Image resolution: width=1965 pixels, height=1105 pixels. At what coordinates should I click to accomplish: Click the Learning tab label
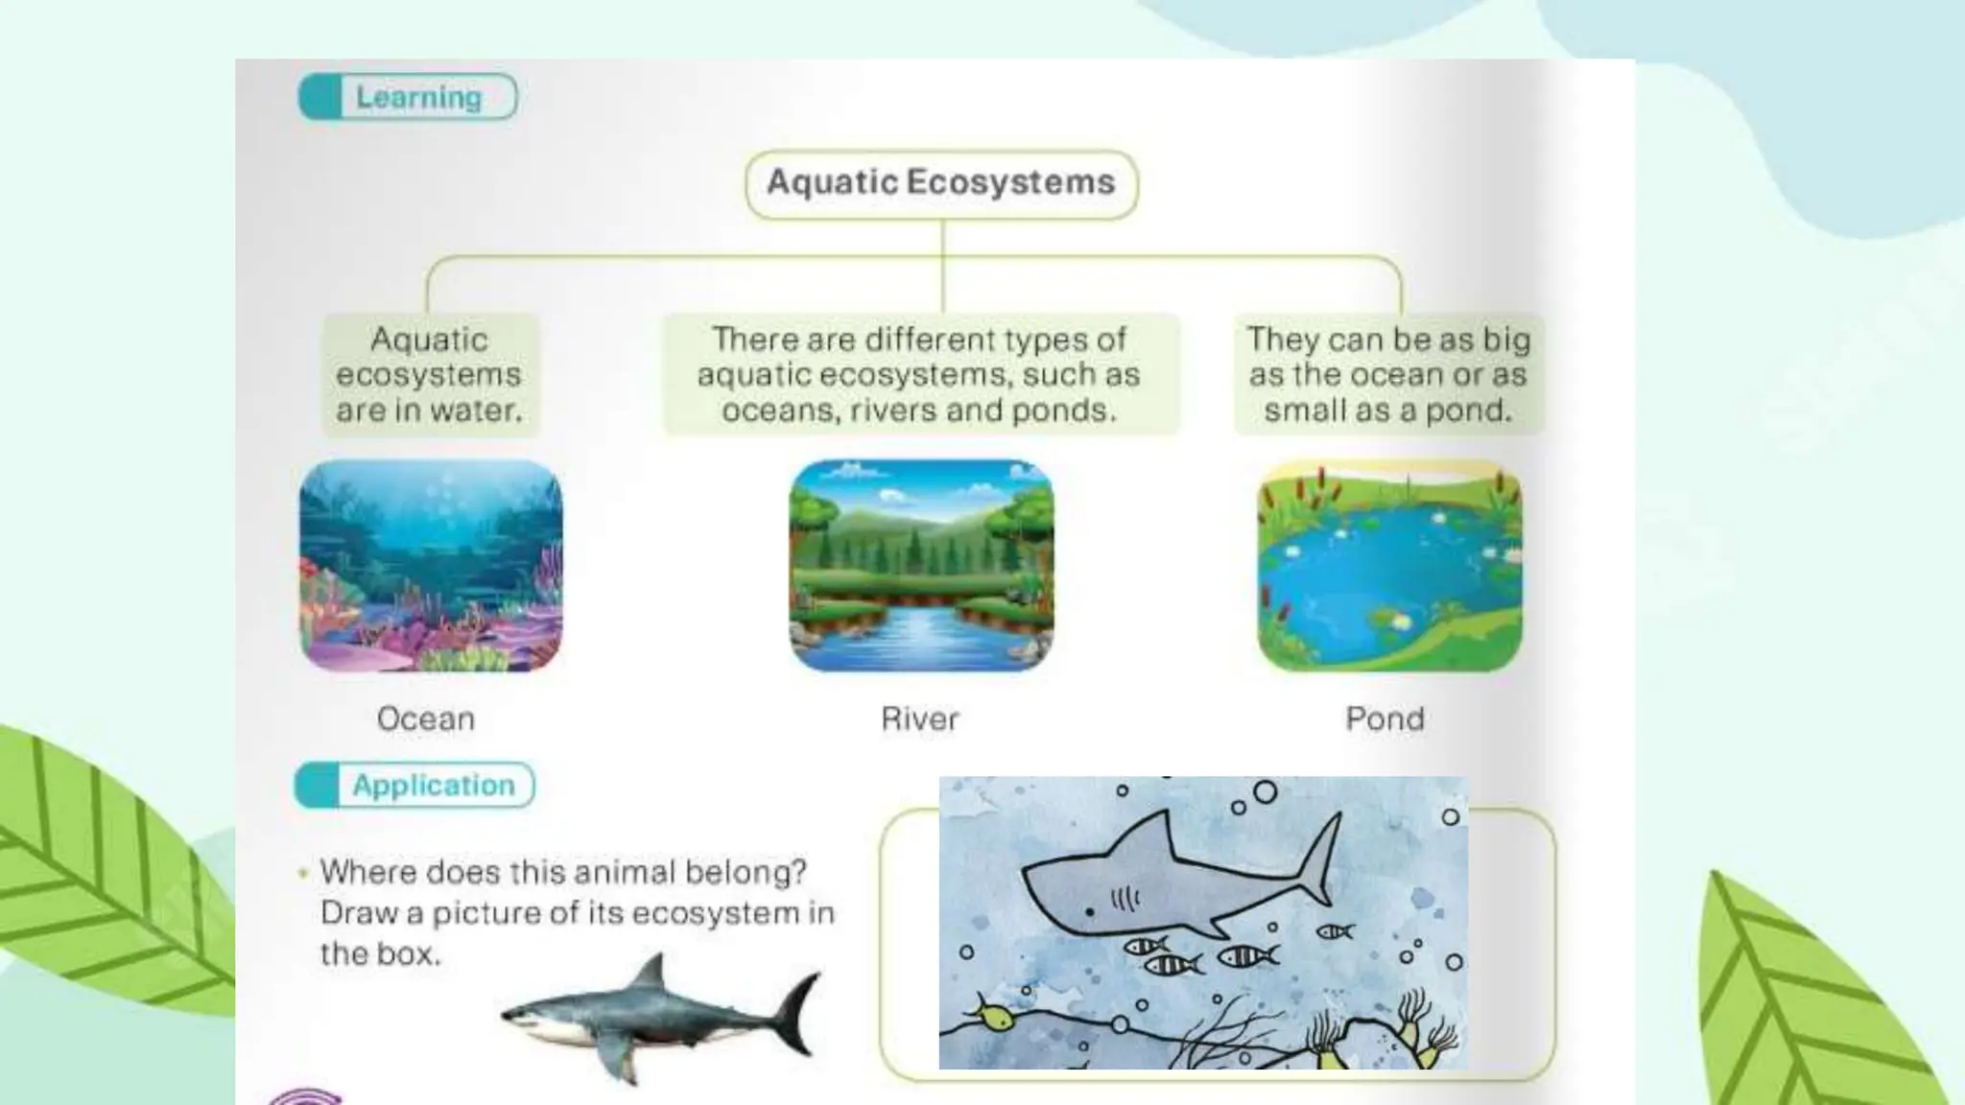pyautogui.click(x=418, y=97)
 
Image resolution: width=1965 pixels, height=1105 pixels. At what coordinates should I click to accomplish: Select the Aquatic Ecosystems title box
pyautogui.click(x=941, y=183)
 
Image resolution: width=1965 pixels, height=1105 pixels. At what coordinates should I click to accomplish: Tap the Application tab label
pyautogui.click(x=433, y=786)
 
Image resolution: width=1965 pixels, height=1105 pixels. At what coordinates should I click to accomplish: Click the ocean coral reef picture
pyautogui.click(x=431, y=566)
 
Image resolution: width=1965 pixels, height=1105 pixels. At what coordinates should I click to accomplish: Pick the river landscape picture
pyautogui.click(x=921, y=566)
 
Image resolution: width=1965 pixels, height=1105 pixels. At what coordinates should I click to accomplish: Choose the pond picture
pyautogui.click(x=1389, y=566)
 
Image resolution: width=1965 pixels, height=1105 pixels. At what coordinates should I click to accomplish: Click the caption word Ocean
pyautogui.click(x=426, y=718)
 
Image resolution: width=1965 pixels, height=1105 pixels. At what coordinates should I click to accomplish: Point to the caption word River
pyautogui.click(x=920, y=718)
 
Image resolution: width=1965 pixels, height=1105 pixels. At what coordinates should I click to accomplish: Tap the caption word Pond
pyautogui.click(x=1385, y=718)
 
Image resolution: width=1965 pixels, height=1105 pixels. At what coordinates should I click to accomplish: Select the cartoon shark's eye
pyautogui.click(x=1089, y=909)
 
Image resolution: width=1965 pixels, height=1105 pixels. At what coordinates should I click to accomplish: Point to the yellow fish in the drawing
pyautogui.click(x=996, y=1017)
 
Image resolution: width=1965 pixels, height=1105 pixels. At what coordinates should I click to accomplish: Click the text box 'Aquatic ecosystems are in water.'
pyautogui.click(x=430, y=375)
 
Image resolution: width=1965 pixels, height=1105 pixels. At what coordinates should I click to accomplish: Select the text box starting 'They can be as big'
pyautogui.click(x=1387, y=375)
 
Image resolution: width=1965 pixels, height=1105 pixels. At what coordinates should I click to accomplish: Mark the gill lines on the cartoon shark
pyautogui.click(x=1125, y=899)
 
